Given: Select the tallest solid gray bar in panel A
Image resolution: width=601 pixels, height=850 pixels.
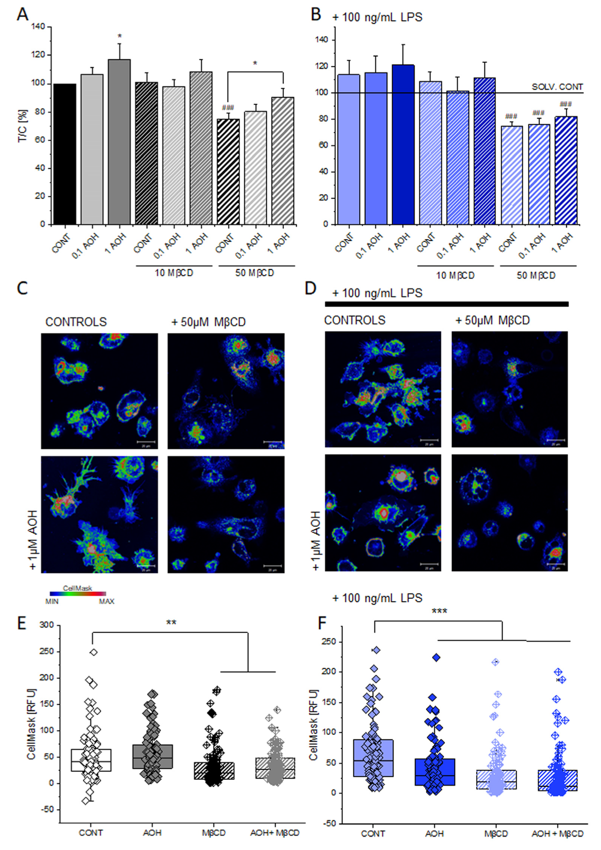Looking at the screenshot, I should tap(119, 142).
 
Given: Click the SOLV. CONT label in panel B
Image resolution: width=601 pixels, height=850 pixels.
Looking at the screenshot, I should tap(557, 87).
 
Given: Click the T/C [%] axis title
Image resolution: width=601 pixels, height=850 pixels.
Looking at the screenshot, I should tap(22, 126).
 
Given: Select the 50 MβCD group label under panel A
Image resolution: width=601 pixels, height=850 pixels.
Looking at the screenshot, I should tap(254, 273).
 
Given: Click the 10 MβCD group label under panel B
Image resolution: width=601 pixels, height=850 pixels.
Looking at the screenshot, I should tap(455, 276).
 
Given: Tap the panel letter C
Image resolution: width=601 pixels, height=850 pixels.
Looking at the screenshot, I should tap(22, 289).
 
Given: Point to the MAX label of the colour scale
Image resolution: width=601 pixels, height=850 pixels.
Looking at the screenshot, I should tap(107, 602).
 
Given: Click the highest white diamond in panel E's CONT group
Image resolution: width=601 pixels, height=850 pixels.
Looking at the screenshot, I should tap(94, 652).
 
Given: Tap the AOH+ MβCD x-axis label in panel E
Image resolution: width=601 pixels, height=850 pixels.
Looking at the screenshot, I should tap(275, 833).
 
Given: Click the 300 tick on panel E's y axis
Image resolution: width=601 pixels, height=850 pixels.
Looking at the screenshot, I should tap(47, 625).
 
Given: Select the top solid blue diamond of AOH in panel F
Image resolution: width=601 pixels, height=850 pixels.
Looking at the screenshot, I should tap(436, 658).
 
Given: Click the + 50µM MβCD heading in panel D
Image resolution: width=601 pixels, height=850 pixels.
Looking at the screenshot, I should tap(492, 321).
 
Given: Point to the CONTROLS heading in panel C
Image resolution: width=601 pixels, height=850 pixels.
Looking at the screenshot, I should tap(76, 322).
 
